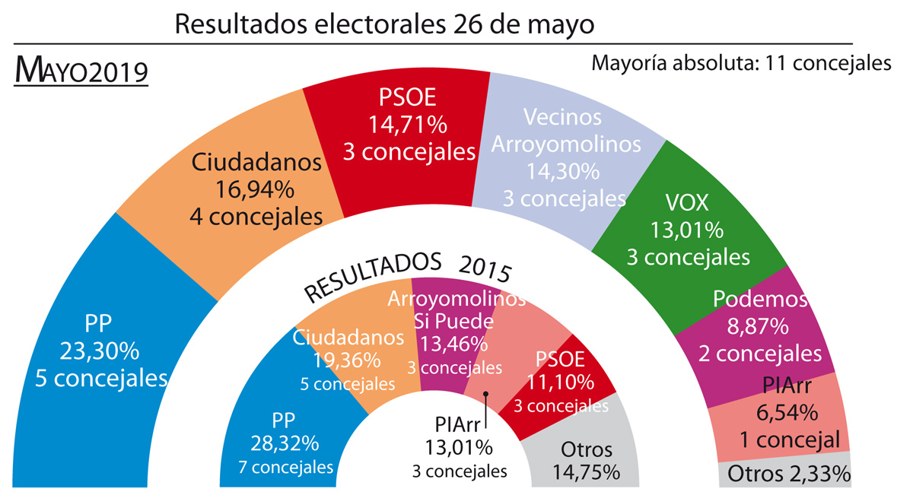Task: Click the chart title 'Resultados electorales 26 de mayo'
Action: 384,24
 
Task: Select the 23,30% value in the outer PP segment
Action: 99,351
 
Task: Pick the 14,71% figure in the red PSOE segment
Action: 409,124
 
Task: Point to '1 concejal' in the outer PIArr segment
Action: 789,440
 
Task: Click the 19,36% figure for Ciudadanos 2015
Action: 347,361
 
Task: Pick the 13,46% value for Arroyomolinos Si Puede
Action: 455,343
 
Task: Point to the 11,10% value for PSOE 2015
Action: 561,382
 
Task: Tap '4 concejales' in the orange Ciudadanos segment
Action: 256,216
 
